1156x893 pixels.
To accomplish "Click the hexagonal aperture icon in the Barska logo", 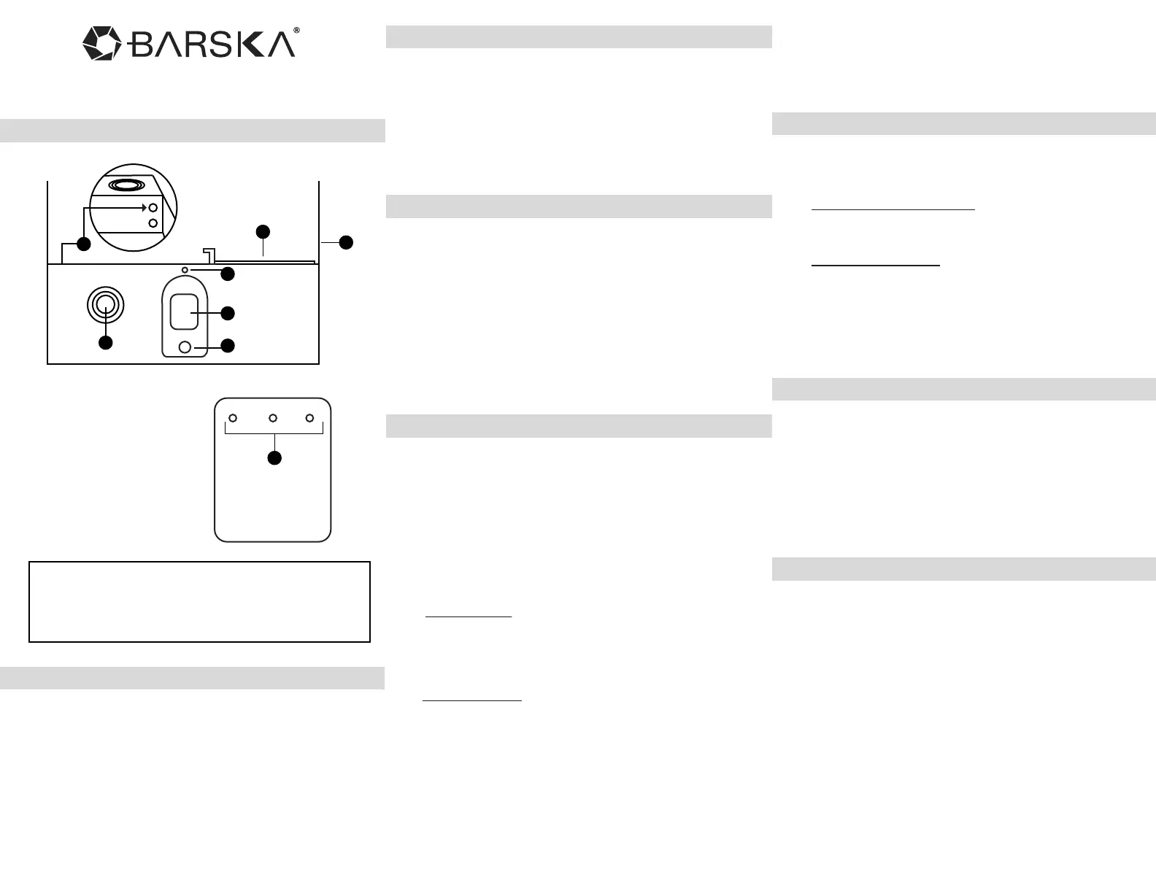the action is (101, 44).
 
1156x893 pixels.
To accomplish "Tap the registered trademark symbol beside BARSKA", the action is (296, 31).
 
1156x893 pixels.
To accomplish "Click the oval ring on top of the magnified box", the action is (126, 185).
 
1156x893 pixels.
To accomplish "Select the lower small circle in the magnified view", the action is (153, 223).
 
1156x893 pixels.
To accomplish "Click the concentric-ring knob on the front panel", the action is (105, 305).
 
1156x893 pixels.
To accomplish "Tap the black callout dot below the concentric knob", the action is (106, 342).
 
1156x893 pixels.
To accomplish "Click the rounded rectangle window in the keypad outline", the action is (184, 312).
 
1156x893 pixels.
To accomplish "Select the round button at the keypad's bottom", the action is (185, 347).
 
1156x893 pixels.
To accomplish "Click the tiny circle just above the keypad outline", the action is (185, 270).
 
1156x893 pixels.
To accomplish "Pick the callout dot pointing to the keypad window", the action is (228, 313).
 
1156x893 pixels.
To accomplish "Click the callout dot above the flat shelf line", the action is (263, 232).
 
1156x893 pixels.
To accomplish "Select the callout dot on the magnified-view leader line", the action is (84, 244).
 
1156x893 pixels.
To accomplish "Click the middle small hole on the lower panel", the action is (272, 418).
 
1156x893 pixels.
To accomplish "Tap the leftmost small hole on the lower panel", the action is (233, 418).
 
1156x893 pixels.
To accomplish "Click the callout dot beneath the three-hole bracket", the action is (274, 457).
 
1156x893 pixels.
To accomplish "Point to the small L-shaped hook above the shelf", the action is (209, 254).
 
